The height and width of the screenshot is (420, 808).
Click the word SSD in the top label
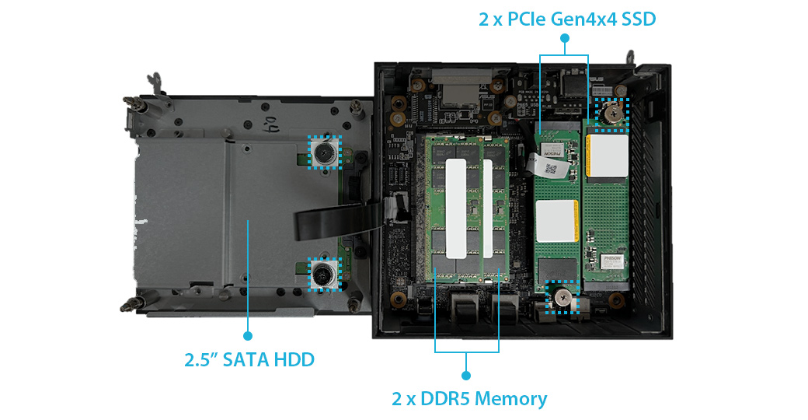click(x=639, y=19)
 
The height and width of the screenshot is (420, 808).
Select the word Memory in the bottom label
click(x=511, y=399)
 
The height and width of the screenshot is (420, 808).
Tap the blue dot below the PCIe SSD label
click(x=564, y=37)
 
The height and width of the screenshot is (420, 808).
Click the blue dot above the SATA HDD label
click(x=248, y=336)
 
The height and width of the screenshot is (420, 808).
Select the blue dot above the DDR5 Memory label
click(x=466, y=375)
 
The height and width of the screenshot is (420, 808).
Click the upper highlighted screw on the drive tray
click(x=325, y=152)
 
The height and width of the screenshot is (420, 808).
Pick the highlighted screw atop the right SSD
click(x=612, y=114)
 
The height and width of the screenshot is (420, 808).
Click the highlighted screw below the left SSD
click(x=562, y=297)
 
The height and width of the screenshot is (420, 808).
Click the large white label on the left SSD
click(x=556, y=221)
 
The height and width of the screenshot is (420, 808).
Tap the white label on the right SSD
click(x=608, y=156)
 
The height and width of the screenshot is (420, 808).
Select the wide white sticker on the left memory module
click(x=456, y=208)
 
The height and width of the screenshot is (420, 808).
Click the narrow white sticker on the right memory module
click(x=488, y=208)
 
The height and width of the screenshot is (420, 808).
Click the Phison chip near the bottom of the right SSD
click(x=612, y=261)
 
